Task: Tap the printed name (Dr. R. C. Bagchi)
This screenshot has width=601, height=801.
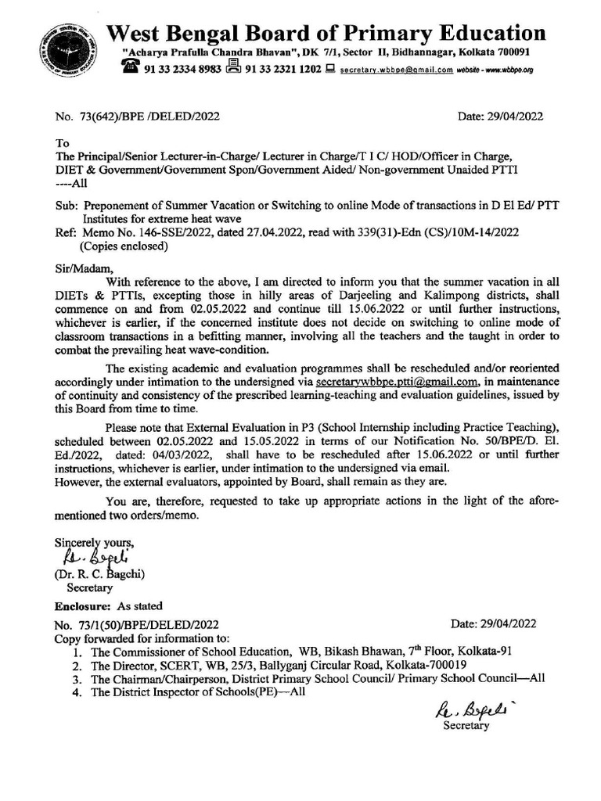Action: point(100,575)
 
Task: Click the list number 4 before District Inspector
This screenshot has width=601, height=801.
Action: point(75,692)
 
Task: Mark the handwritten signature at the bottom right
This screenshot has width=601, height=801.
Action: point(466,711)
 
